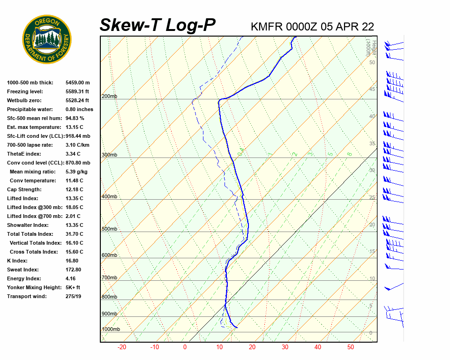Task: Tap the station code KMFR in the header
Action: click(267, 27)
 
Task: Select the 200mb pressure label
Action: click(109, 97)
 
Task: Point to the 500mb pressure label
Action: click(109, 229)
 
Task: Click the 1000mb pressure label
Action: click(111, 330)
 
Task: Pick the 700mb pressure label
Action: click(109, 278)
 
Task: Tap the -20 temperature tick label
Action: click(122, 347)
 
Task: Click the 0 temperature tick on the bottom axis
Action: click(185, 347)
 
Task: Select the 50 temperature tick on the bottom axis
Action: click(351, 347)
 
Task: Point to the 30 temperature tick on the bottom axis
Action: click(285, 347)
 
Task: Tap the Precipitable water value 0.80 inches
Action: click(79, 110)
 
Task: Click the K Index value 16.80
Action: click(72, 261)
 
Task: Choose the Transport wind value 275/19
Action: click(74, 297)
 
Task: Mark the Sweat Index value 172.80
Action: click(74, 270)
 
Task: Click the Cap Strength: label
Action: click(24, 190)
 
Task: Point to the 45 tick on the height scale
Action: click(372, 89)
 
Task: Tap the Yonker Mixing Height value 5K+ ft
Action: click(73, 288)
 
